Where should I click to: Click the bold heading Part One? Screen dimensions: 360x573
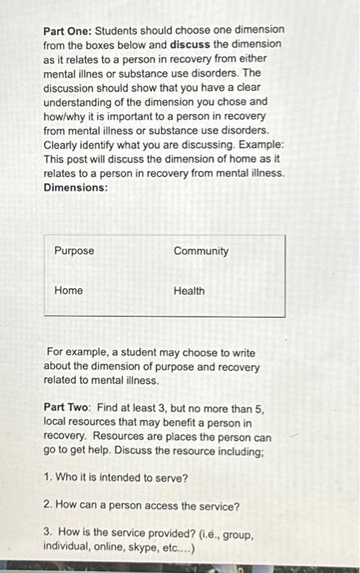pos(68,30)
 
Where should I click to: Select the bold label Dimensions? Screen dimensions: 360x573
pos(75,187)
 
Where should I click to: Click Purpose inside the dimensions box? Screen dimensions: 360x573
pos(74,250)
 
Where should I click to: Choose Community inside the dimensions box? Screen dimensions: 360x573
pos(201,250)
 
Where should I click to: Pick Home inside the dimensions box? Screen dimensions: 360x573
pos(69,291)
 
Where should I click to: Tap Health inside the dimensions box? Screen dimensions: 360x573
pos(190,291)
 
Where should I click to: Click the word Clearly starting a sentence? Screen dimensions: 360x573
pos(64,144)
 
